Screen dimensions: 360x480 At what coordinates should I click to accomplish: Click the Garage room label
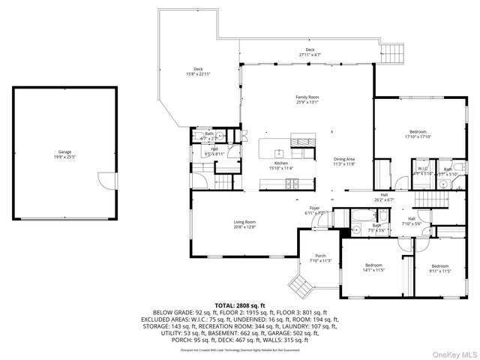tap(64, 155)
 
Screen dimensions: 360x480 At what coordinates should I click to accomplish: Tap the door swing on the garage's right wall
tap(108, 181)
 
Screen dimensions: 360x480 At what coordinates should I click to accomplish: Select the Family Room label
tap(307, 100)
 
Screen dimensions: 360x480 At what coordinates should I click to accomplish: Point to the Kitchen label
tap(280, 166)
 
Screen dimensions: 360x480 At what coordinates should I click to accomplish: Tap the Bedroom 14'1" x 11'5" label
tap(373, 268)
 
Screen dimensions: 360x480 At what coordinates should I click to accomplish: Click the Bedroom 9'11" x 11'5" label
tap(439, 268)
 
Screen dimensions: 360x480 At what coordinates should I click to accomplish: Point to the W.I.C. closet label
tap(422, 171)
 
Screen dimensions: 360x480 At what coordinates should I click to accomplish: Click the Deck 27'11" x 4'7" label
tap(310, 52)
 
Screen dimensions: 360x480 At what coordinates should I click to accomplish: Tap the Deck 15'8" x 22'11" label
tap(198, 71)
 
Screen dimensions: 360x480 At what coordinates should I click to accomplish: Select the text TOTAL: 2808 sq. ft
tap(239, 306)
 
